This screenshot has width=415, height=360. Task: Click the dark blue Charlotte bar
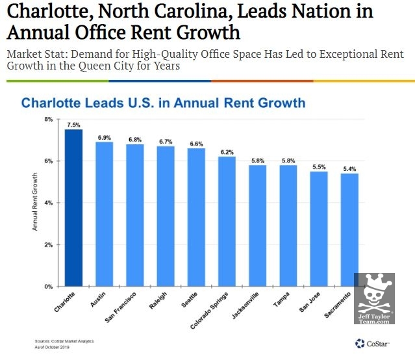(x=73, y=208)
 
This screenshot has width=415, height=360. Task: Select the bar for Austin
(x=104, y=214)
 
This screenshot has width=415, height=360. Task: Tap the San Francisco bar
(x=134, y=215)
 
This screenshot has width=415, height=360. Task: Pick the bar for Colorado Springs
(x=227, y=221)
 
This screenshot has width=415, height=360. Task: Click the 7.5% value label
(x=73, y=125)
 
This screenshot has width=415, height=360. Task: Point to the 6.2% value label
(x=227, y=151)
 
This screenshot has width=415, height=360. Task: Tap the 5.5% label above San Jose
(x=319, y=166)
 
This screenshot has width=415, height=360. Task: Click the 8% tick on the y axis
(x=48, y=120)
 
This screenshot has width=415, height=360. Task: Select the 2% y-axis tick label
(x=48, y=245)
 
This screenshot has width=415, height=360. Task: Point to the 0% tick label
(x=48, y=287)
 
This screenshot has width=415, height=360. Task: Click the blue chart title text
(x=163, y=103)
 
